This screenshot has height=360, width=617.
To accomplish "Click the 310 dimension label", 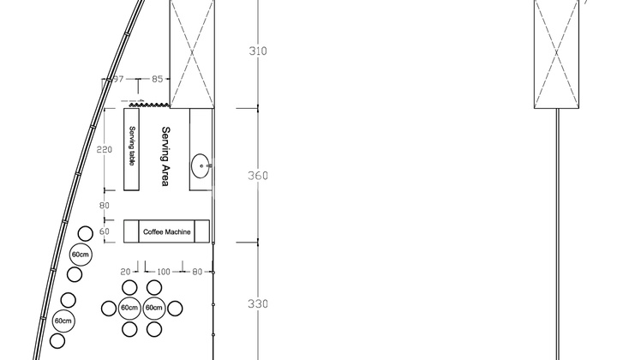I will coord(258,51).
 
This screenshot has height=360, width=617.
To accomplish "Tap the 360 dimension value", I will coord(258,176).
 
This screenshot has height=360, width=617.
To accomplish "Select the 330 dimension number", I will coord(258,304).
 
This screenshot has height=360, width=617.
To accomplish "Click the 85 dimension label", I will coord(158,80).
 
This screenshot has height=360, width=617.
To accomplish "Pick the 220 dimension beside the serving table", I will coord(105,149).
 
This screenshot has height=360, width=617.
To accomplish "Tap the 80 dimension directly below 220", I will coord(105,206).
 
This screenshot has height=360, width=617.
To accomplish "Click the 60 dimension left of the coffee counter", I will coord(105,231).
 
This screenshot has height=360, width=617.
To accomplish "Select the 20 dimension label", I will coord(125,272).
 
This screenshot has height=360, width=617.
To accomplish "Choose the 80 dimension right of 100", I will coord(197,272).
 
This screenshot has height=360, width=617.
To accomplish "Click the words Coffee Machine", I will coord(166,231).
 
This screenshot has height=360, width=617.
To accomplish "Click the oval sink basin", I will coord(200,163).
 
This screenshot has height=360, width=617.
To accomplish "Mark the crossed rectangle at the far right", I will coord(556,54).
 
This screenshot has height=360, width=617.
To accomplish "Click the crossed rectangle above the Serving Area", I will coord(190,53).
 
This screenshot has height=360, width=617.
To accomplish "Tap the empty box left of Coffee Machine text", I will coord(131,231).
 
